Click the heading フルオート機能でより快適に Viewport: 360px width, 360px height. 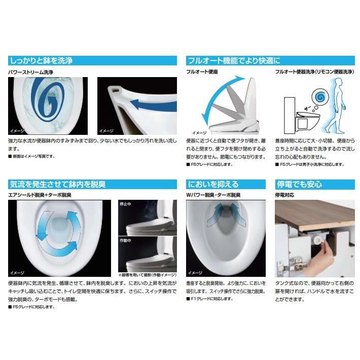coord(234,61)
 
